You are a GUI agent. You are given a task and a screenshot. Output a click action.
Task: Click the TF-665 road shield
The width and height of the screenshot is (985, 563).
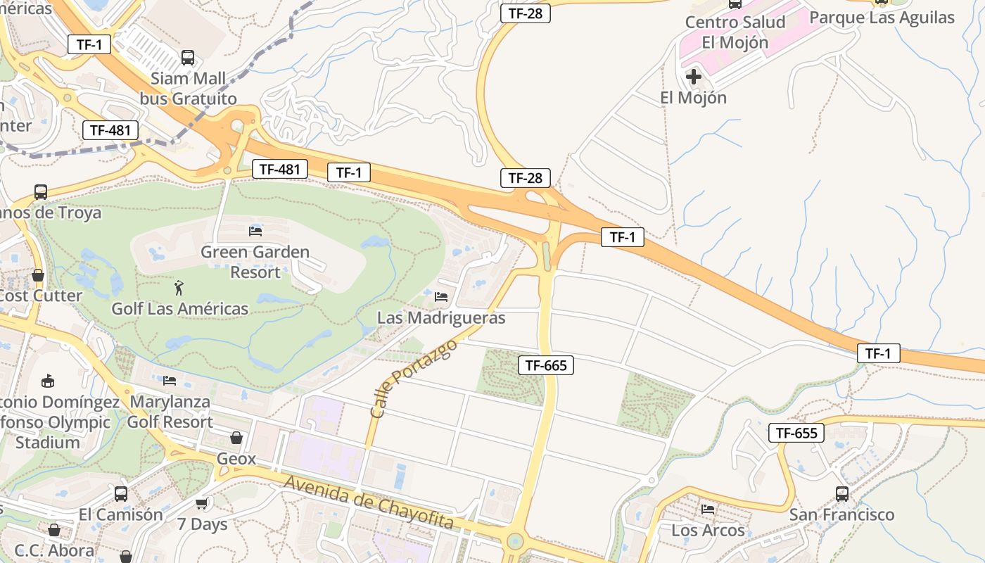coord(546,365)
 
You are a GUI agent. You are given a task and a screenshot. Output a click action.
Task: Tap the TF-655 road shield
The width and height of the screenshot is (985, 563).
coord(796,433)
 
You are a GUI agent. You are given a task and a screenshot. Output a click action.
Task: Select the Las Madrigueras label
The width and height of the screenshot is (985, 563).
coord(441,317)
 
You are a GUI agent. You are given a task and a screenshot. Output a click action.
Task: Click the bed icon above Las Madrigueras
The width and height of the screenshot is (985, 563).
coord(441,297)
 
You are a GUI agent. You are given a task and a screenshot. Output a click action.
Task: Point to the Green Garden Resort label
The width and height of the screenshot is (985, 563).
coord(255,262)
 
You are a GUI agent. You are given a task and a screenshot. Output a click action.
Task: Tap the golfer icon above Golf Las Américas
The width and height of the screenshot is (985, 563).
coord(179,288)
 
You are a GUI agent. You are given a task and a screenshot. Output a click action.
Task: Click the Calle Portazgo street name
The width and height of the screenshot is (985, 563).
coord(413,379)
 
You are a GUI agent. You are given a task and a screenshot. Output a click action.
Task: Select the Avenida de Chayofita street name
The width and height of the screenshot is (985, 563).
coord(369,502)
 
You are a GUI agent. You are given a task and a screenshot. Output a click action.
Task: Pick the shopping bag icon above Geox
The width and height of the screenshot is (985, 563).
coord(236,438)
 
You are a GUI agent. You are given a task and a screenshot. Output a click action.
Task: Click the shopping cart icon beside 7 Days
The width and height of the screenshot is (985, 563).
coord(202,503)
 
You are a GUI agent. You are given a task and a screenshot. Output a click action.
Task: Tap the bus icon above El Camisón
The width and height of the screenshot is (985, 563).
coord(121,494)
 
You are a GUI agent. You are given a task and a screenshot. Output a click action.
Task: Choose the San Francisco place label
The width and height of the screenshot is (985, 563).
coord(841,514)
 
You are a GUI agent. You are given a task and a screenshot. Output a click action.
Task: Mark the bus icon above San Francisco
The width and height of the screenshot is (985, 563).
coord(841,494)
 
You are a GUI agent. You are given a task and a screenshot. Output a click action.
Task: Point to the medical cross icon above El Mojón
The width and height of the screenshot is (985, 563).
coord(694,76)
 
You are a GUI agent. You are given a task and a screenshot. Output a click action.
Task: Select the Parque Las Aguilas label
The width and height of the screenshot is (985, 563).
coord(882,18)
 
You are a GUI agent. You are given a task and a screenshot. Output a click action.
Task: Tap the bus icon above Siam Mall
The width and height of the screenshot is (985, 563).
coord(188,58)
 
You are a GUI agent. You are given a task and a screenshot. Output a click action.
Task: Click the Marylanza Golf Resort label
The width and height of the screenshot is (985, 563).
coord(170,412)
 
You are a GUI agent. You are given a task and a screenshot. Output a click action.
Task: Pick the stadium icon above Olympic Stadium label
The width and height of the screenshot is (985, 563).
coord(48,381)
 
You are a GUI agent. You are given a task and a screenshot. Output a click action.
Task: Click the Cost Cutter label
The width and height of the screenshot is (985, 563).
coord(42,296)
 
